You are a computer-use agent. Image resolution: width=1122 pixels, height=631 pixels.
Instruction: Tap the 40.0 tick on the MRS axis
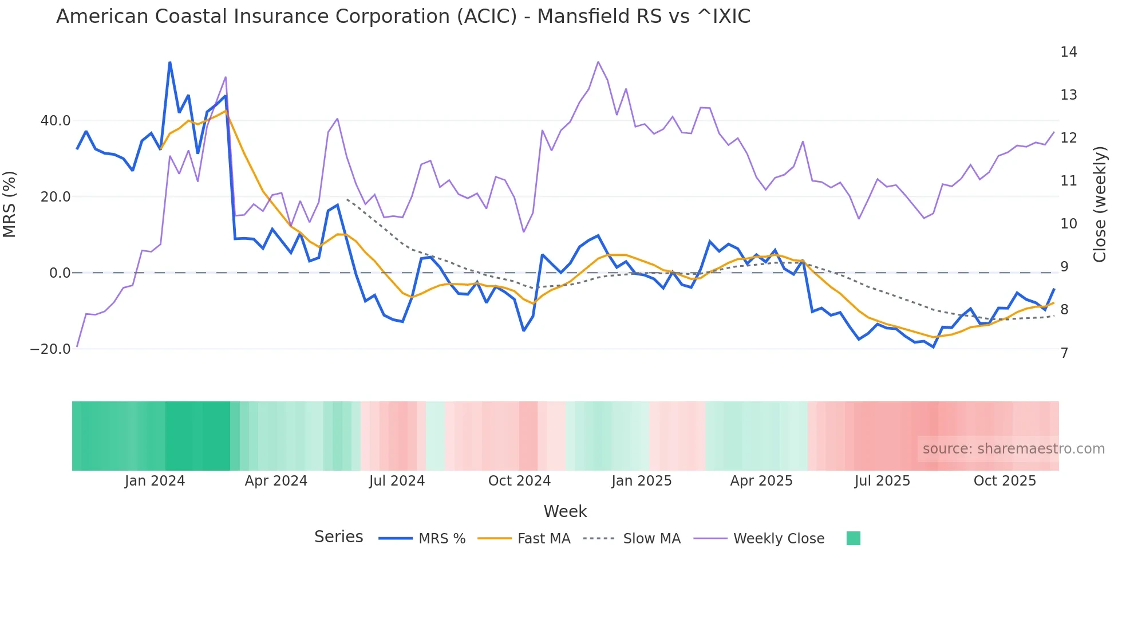coord(56,121)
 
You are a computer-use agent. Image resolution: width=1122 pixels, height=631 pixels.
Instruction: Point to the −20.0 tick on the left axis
coord(50,349)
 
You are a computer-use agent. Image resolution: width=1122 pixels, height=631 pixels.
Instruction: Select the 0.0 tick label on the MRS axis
coord(60,273)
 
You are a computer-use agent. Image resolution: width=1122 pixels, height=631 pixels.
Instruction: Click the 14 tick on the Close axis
coord(1068,52)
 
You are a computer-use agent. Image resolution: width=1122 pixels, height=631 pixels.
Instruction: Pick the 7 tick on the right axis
coord(1064,353)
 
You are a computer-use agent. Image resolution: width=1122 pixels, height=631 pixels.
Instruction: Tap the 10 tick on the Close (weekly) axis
coord(1068,224)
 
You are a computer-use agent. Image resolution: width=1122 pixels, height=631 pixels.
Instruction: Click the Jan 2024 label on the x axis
coord(155,481)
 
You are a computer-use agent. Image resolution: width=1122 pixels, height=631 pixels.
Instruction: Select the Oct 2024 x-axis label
coord(519,481)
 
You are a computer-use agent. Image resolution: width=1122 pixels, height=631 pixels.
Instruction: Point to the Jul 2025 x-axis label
coord(882,481)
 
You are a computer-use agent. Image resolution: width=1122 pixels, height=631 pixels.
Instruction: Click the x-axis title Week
coord(565,511)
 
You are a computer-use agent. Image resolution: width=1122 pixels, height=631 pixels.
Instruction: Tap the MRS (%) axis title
coord(10,204)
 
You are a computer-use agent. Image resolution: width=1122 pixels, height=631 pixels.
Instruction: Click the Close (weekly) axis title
coord(1099,204)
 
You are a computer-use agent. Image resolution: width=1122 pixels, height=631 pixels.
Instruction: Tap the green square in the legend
coord(853,538)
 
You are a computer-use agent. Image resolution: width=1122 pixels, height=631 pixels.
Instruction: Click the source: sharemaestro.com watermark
coord(1013,449)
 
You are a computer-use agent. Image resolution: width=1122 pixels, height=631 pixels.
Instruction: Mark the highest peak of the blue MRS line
coord(170,62)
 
